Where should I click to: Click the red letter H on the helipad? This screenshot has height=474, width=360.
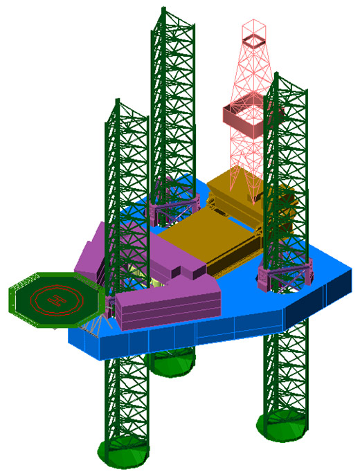coord(57,300)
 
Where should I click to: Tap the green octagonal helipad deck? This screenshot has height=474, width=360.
coord(57,300)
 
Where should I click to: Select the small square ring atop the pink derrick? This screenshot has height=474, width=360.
coord(254,41)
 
